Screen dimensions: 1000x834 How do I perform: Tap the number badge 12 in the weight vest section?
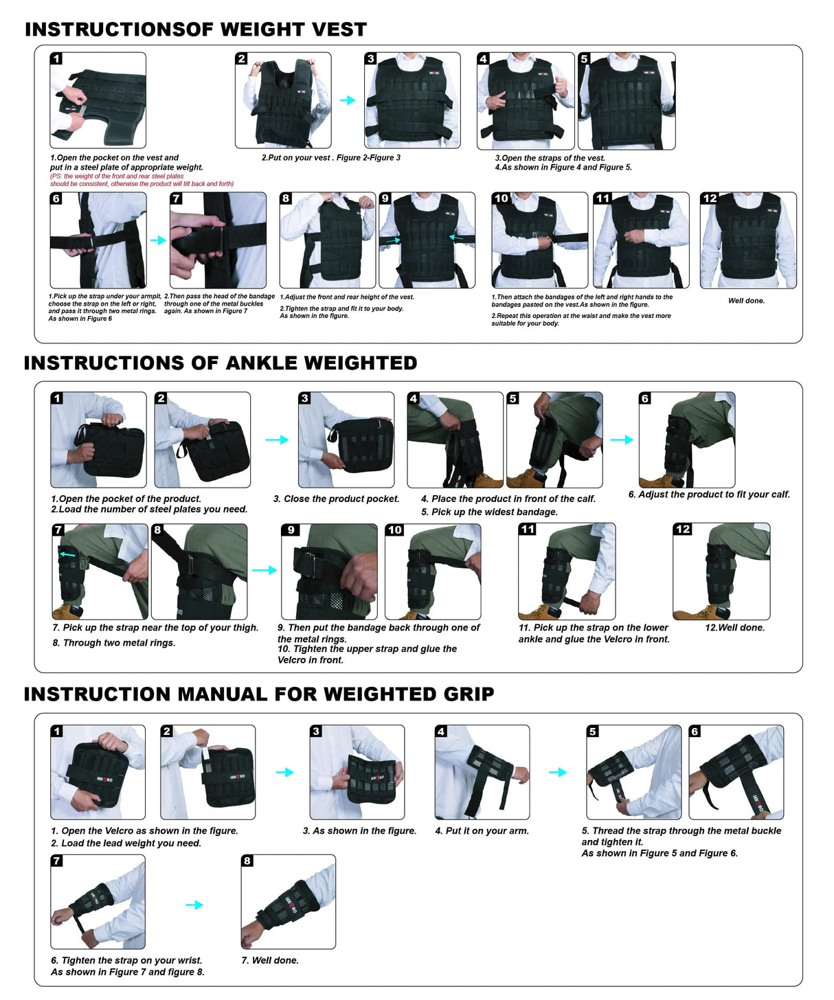[710, 198]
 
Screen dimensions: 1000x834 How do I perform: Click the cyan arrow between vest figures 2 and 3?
[348, 100]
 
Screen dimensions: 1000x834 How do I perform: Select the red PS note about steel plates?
[142, 180]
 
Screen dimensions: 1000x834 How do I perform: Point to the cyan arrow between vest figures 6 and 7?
[158, 240]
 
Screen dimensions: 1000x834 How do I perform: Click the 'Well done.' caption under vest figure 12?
[746, 301]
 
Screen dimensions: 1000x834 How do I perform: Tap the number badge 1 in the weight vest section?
[57, 59]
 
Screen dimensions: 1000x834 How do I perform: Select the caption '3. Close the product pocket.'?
[337, 499]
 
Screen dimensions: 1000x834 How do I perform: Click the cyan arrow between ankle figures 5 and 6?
[621, 440]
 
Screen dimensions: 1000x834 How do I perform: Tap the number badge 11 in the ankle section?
[528, 529]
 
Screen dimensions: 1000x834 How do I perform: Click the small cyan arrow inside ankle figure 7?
[67, 554]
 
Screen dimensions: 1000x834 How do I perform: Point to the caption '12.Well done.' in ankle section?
[734, 628]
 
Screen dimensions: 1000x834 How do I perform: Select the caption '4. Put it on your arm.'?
[482, 831]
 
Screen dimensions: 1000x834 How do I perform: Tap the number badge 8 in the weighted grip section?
[247, 861]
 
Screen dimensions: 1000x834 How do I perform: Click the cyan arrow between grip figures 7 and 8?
[194, 905]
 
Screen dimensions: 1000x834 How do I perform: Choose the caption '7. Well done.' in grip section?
[270, 961]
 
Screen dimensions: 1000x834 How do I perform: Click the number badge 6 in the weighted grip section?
[695, 731]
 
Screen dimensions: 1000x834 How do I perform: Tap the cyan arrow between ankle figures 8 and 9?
[264, 570]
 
